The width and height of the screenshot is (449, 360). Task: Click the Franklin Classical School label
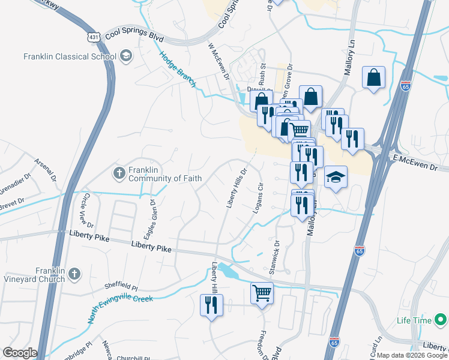point(69,57)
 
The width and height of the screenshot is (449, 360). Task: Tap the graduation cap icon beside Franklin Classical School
point(125,56)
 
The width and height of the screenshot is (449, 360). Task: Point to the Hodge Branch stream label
point(178,70)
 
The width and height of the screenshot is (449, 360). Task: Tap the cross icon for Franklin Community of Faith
point(119,173)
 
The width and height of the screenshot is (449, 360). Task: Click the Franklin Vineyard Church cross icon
point(74,275)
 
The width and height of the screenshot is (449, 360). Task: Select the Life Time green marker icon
point(440,320)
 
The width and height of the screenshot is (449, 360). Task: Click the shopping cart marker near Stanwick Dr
point(262,293)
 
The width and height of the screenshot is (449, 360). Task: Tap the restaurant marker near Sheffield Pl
point(211,305)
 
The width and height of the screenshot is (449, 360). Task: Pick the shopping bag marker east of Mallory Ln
point(373,77)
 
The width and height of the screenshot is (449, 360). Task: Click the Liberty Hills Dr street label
point(237,188)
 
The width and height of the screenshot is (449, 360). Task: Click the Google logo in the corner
point(20,353)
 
